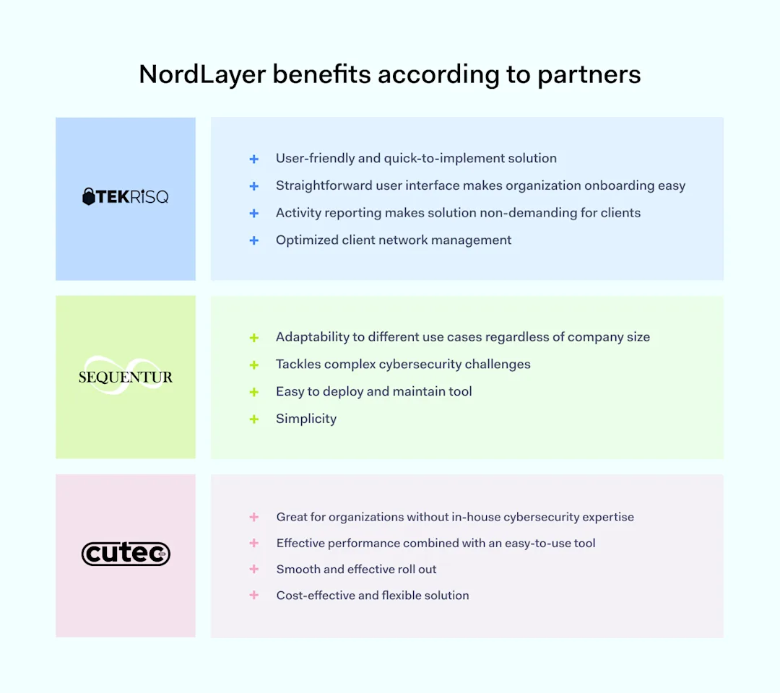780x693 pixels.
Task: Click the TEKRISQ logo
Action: click(126, 196)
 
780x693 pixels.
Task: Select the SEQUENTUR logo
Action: click(126, 377)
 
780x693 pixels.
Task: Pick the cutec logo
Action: click(126, 554)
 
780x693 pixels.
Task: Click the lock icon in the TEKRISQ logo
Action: click(89, 196)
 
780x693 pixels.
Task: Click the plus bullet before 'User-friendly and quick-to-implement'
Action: click(253, 159)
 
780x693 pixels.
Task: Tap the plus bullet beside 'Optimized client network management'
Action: click(253, 240)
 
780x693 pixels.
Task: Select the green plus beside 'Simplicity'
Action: click(253, 419)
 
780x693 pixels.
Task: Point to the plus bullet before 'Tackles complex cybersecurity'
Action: click(253, 365)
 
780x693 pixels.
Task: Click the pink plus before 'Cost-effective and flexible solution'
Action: click(253, 596)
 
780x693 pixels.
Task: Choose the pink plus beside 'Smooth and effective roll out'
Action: click(253, 570)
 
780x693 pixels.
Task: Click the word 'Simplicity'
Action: click(306, 419)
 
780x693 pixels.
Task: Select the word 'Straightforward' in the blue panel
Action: click(324, 186)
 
